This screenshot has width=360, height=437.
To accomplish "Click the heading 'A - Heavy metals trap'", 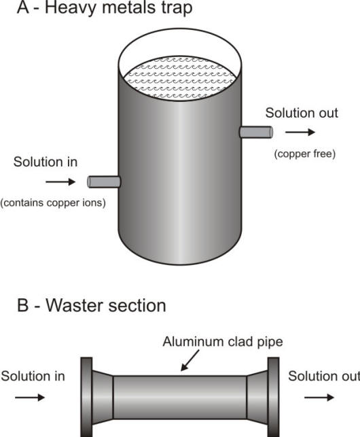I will [96, 10].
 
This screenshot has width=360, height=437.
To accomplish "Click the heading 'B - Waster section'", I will [92, 306].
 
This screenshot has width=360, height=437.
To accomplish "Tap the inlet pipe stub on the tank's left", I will [104, 181].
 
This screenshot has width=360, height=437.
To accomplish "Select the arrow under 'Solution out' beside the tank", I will [296, 133].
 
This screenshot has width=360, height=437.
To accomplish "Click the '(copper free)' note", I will [305, 154].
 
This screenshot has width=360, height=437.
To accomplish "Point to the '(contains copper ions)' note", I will [53, 203].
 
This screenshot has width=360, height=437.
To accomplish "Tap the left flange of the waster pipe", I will [86, 397].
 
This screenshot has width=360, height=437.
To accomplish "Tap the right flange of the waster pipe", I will [273, 397].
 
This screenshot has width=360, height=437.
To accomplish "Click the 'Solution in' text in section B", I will [33, 376].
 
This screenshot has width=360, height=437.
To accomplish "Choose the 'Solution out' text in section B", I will [324, 376].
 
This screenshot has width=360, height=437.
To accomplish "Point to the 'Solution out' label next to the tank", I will [301, 113].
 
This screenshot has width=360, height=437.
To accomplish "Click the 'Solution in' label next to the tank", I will [46, 162].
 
